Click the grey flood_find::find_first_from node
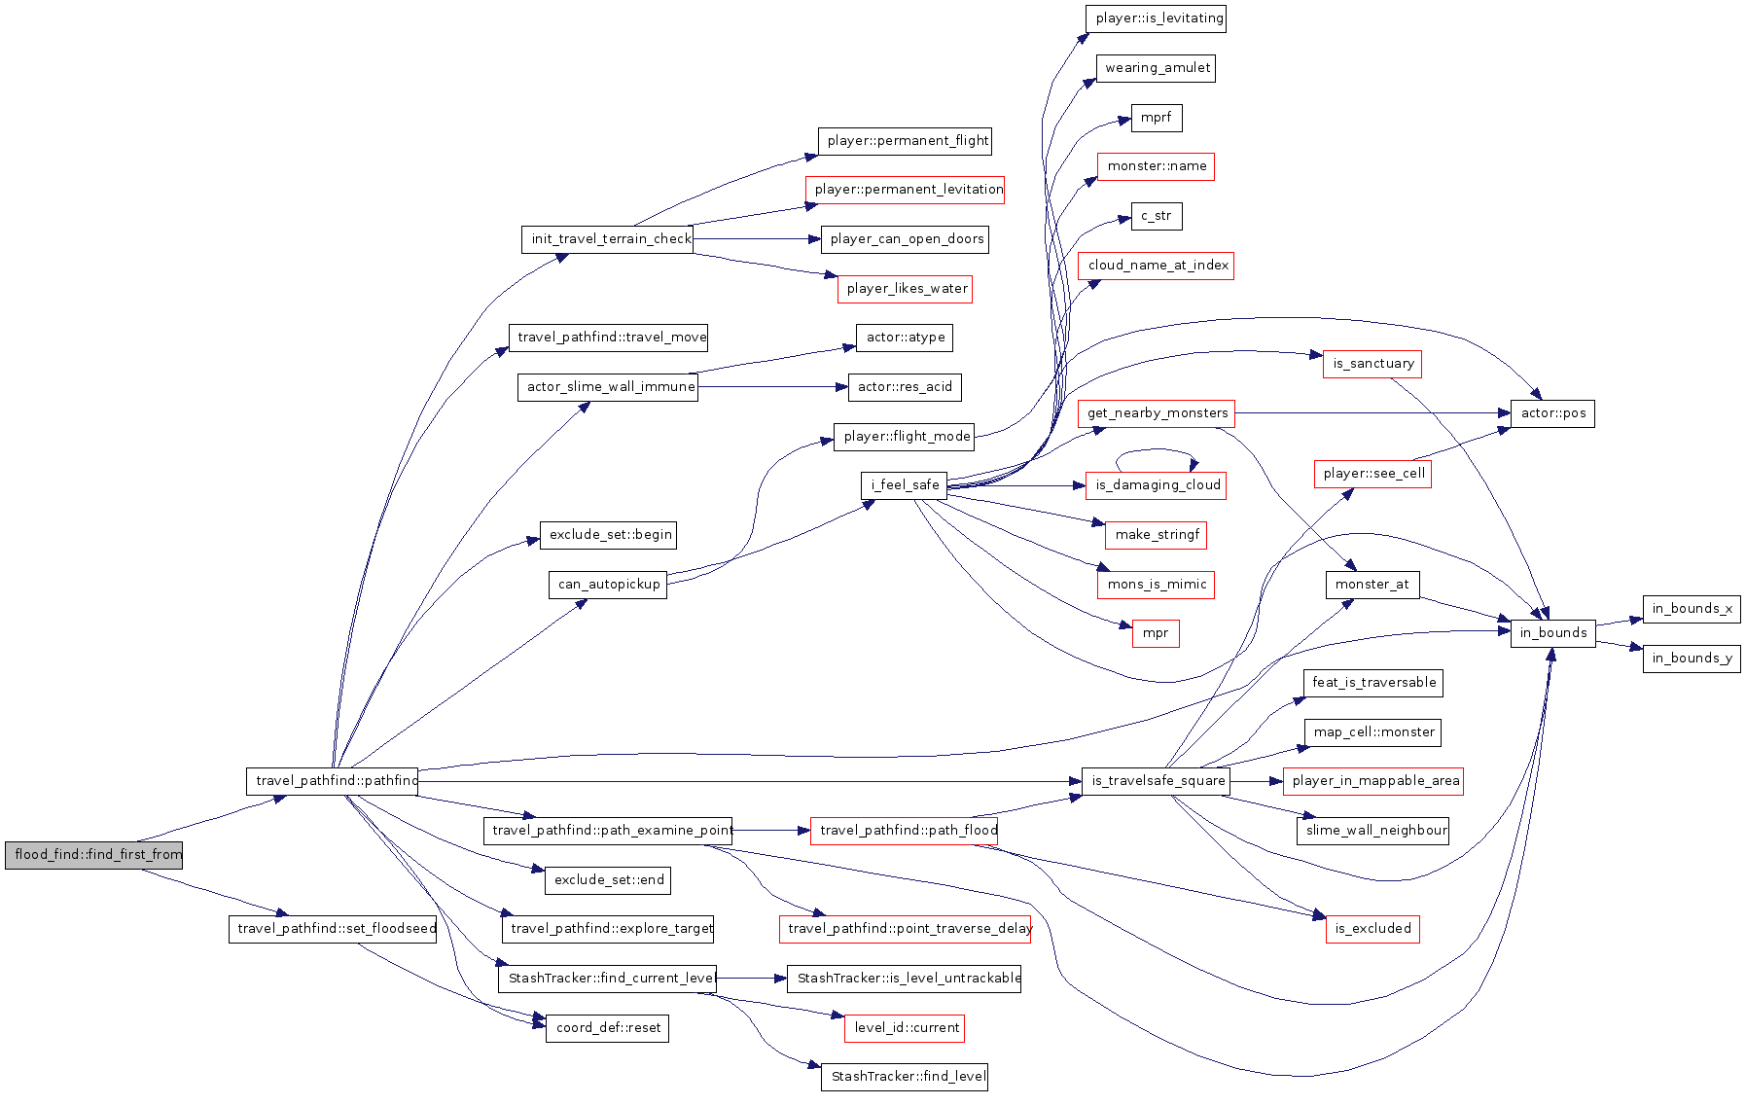[x=93, y=855]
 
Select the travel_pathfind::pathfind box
[x=332, y=781]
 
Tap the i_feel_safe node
[x=904, y=485]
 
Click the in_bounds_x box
[x=1692, y=609]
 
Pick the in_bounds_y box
[x=1692, y=659]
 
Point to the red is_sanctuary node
[x=1372, y=364]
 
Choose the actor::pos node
[x=1552, y=413]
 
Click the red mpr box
[x=1156, y=633]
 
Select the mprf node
[x=1157, y=118]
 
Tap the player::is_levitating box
[x=1156, y=18]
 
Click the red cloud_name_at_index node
[x=1156, y=266]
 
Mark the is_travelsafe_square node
[x=1156, y=781]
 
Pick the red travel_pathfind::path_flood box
[x=905, y=831]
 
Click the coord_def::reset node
[x=607, y=1028]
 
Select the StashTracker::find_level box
[x=905, y=1077]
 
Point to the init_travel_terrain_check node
[x=607, y=239]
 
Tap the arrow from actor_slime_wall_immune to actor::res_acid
[x=773, y=387]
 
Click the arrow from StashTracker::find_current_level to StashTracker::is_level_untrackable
[x=752, y=979]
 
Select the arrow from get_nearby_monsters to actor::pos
[x=1372, y=413]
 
